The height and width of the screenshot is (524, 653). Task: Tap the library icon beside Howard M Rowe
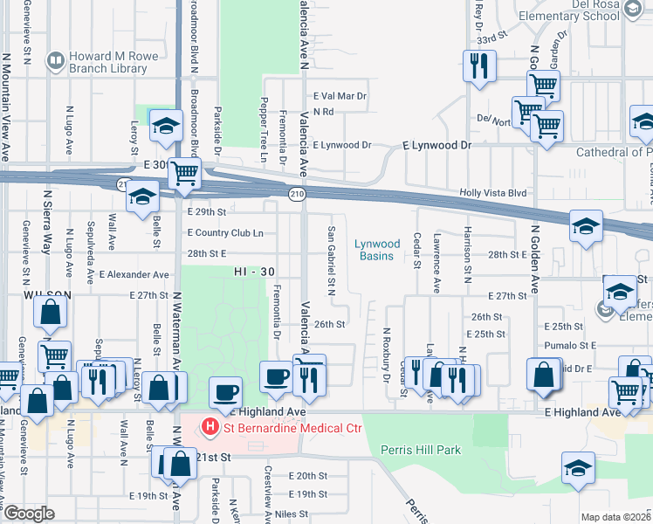pyautogui.click(x=56, y=59)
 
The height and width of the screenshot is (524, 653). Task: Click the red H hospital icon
pyautogui.click(x=210, y=427)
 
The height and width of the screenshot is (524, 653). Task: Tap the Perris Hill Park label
pyautogui.click(x=420, y=451)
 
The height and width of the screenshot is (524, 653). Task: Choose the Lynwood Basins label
pyautogui.click(x=377, y=250)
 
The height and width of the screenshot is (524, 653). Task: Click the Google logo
pyautogui.click(x=29, y=514)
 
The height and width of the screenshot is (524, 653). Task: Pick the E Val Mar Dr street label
pyautogui.click(x=340, y=96)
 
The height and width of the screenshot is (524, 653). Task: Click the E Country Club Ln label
pyautogui.click(x=225, y=233)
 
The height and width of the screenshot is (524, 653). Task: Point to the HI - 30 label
pyautogui.click(x=254, y=272)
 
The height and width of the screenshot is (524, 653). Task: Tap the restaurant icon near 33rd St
pyautogui.click(x=478, y=65)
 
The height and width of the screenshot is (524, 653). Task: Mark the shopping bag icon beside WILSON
pyautogui.click(x=52, y=312)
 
